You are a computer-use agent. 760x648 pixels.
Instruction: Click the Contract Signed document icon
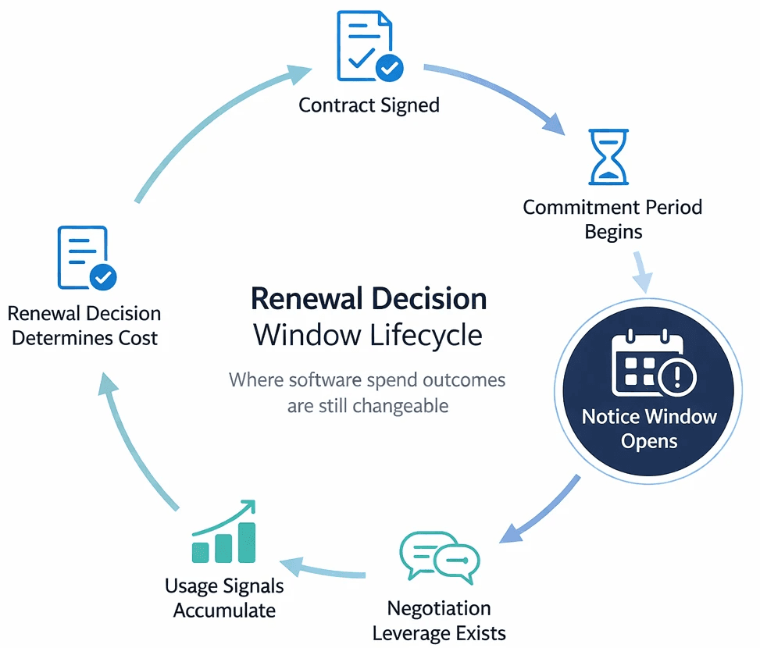pyautogui.click(x=369, y=46)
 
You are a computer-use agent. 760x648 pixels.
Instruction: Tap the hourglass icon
pyautogui.click(x=608, y=157)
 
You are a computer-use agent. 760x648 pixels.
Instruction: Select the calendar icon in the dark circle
pyautogui.click(x=653, y=362)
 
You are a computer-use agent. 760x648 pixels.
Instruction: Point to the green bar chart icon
pyautogui.click(x=224, y=532)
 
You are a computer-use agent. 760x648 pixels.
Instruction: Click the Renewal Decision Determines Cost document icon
pyautogui.click(x=87, y=258)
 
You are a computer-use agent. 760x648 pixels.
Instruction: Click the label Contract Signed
pyautogui.click(x=369, y=105)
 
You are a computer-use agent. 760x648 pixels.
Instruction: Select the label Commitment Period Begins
pyautogui.click(x=612, y=219)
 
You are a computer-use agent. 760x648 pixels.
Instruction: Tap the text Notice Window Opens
pyautogui.click(x=649, y=429)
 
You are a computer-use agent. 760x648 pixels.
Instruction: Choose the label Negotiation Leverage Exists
pyautogui.click(x=439, y=621)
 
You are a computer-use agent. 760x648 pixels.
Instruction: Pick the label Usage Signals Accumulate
pyautogui.click(x=224, y=597)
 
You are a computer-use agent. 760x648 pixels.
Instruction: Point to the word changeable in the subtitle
pyautogui.click(x=401, y=406)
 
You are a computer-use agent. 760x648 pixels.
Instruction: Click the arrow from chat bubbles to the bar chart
pyautogui.click(x=323, y=570)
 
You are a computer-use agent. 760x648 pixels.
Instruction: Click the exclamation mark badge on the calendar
pyautogui.click(x=677, y=376)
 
